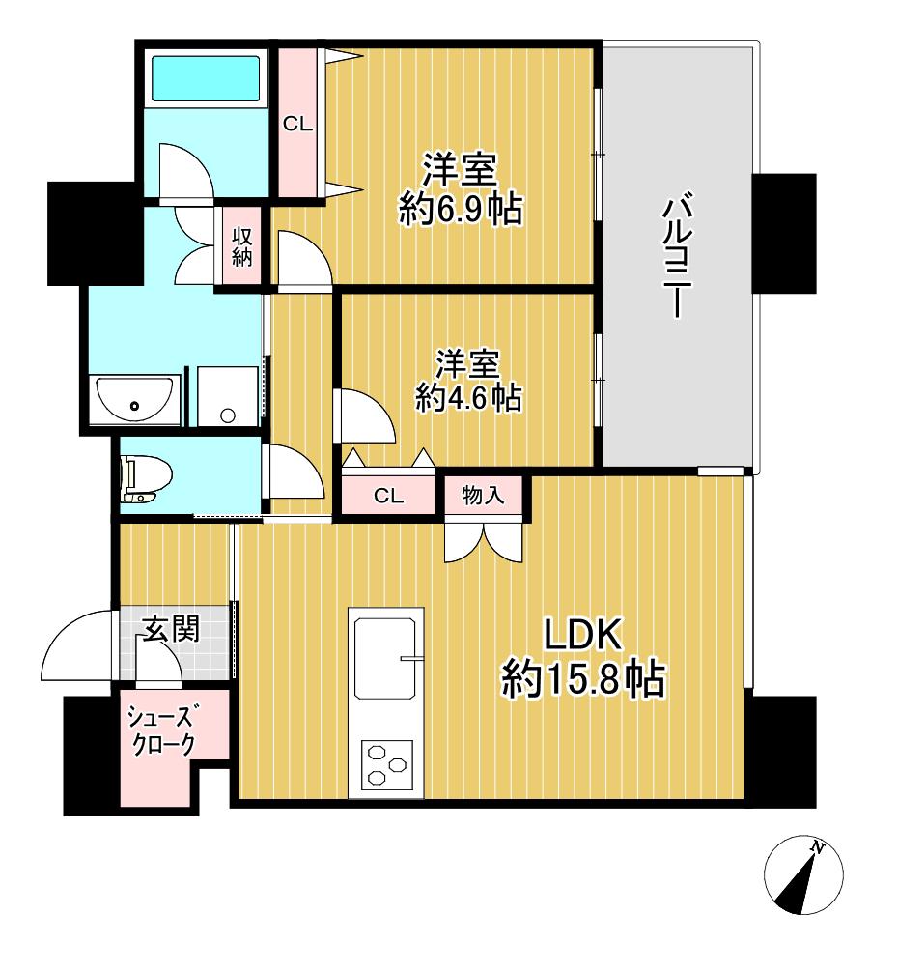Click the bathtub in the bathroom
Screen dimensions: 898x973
(x=206, y=78)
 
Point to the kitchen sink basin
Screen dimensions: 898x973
(x=384, y=658)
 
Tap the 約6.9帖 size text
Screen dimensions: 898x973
(x=461, y=209)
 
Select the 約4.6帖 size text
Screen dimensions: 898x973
(x=468, y=398)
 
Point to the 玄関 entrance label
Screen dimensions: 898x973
(x=172, y=630)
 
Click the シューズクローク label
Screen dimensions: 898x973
(x=161, y=730)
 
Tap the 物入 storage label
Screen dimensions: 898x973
(x=483, y=495)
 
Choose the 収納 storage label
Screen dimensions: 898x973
(x=241, y=246)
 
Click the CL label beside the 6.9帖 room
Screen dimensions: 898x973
(x=297, y=124)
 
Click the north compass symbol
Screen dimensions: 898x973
(x=803, y=873)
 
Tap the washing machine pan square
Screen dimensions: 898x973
(x=228, y=396)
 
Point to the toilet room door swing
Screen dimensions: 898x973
(x=293, y=472)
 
